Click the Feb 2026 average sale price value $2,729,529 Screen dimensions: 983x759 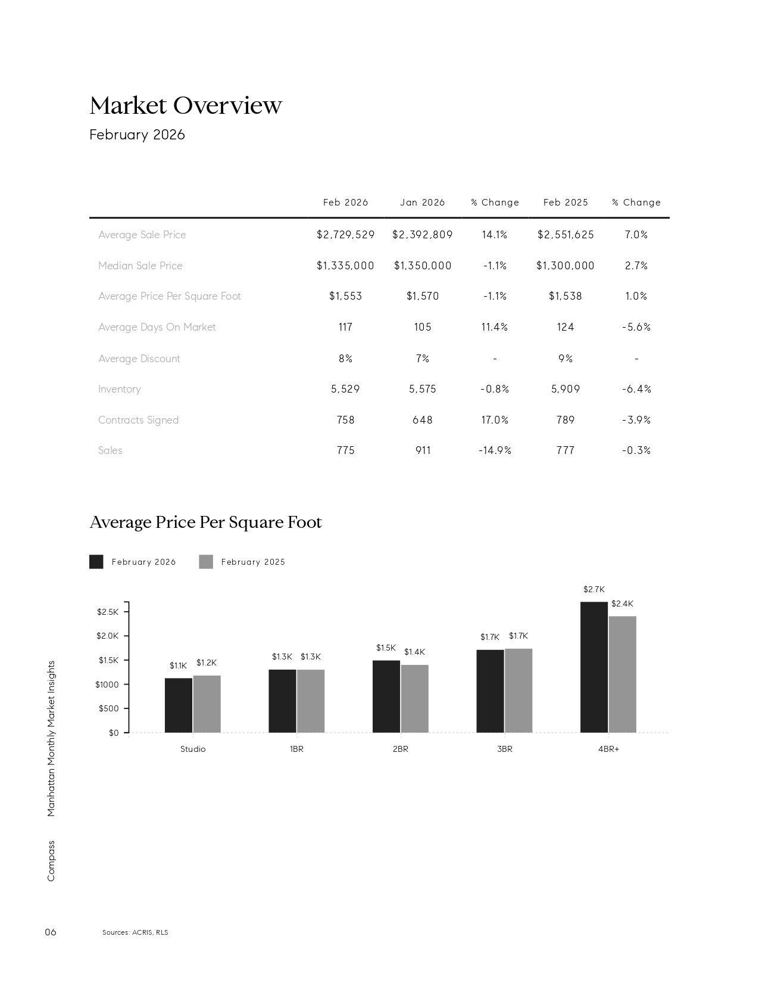click(x=345, y=235)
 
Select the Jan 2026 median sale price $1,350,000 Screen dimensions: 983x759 click(x=423, y=266)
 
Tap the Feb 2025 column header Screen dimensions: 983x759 click(x=566, y=203)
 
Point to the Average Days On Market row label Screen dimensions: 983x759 click(x=157, y=327)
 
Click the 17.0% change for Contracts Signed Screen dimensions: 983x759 click(x=495, y=420)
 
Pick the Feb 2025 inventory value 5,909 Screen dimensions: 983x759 click(x=566, y=389)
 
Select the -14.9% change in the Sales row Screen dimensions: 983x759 click(x=495, y=450)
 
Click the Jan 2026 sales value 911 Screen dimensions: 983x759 click(x=423, y=450)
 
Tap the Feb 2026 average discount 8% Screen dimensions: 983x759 click(x=345, y=359)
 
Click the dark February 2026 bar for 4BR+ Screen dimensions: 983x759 click(x=594, y=667)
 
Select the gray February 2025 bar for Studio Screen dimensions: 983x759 click(x=207, y=704)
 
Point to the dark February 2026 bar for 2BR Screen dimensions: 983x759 click(x=386, y=696)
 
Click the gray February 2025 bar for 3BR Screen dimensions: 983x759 click(x=519, y=691)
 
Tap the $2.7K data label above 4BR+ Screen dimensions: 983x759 click(x=594, y=590)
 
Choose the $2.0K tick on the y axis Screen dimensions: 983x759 click(x=108, y=636)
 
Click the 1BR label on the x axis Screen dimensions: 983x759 click(x=296, y=749)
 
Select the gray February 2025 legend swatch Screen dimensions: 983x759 click(x=206, y=562)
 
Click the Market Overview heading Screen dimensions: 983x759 click(x=186, y=105)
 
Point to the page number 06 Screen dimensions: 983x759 click(x=51, y=932)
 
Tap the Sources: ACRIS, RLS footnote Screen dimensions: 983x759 click(x=135, y=932)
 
